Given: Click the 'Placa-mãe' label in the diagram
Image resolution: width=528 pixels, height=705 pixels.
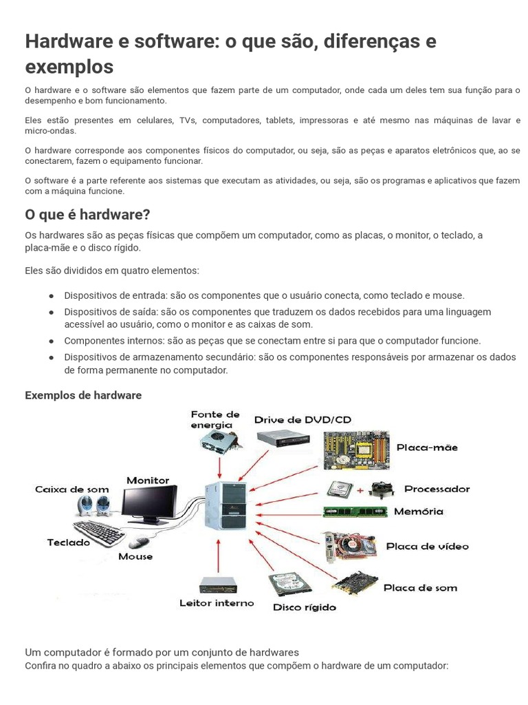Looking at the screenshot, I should (427, 448).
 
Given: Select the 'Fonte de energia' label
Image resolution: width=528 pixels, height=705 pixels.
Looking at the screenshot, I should (215, 420).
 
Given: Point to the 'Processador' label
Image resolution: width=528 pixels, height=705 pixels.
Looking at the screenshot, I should (437, 489).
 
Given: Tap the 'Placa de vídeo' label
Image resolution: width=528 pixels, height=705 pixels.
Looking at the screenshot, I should (427, 546).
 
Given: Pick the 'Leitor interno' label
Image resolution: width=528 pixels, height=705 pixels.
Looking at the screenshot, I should (216, 603).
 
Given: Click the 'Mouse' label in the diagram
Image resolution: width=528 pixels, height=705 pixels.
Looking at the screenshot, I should (135, 556).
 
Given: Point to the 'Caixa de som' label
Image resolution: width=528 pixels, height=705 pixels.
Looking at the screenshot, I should (72, 490).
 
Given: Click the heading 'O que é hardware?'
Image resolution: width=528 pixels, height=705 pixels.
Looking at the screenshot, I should (87, 214).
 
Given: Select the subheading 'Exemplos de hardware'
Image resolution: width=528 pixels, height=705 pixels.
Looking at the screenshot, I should (83, 395).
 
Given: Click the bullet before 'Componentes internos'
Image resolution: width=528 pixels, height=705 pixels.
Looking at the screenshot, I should (52, 341).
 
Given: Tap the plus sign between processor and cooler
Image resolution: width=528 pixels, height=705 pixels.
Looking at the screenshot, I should (359, 490).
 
